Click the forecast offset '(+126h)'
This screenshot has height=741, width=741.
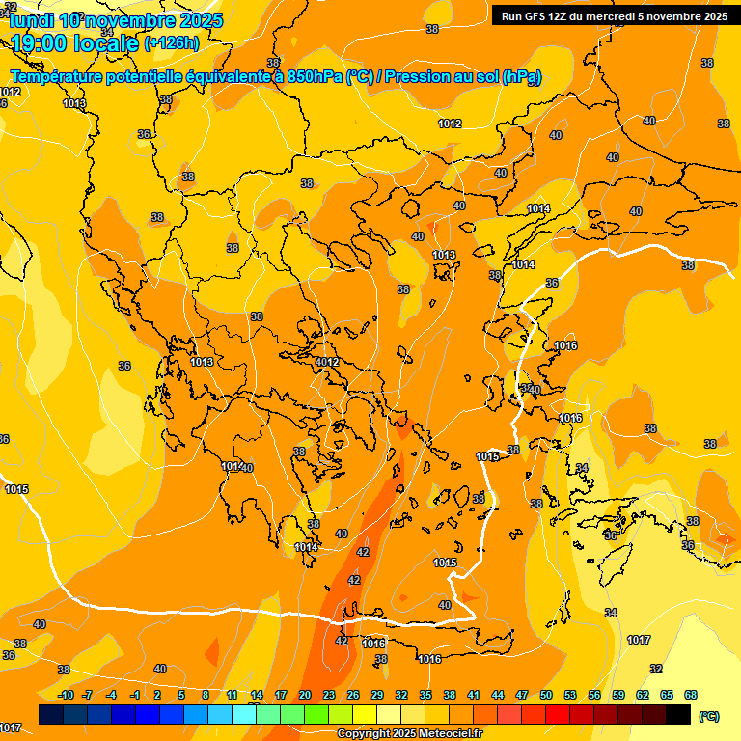[x=171, y=43]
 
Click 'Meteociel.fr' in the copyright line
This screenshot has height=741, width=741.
[x=450, y=734]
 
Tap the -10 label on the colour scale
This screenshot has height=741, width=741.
[x=66, y=696]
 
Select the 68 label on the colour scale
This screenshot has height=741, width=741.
[x=691, y=696]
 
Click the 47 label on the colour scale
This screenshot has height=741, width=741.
[x=522, y=696]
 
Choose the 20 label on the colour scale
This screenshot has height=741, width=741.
[x=305, y=696]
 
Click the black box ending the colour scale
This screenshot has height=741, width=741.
[x=678, y=715]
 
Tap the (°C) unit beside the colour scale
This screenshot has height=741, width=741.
[x=709, y=716]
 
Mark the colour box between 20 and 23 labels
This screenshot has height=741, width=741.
[x=316, y=715]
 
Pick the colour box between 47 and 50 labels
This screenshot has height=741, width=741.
[x=534, y=715]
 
